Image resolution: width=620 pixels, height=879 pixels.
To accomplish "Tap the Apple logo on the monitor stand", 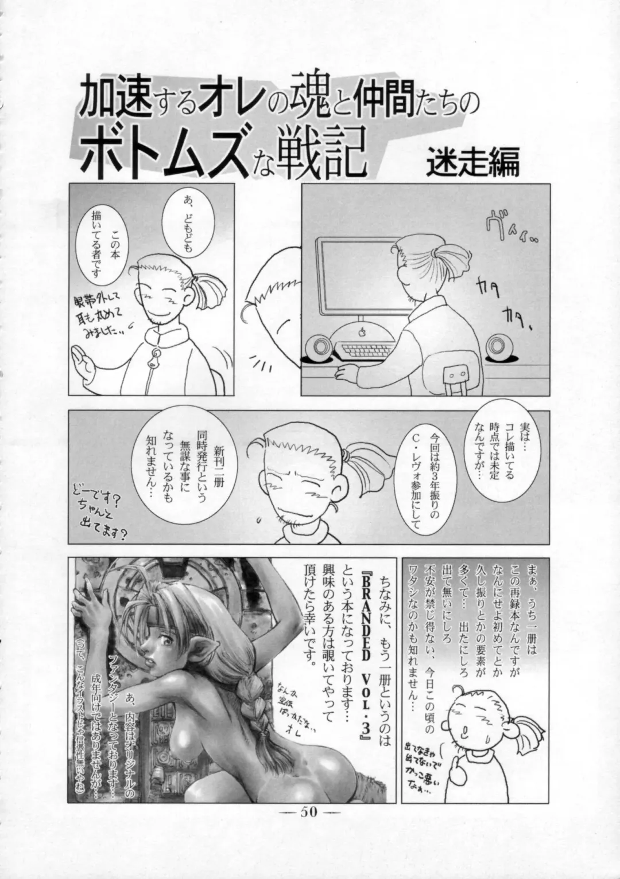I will (x=362, y=332).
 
